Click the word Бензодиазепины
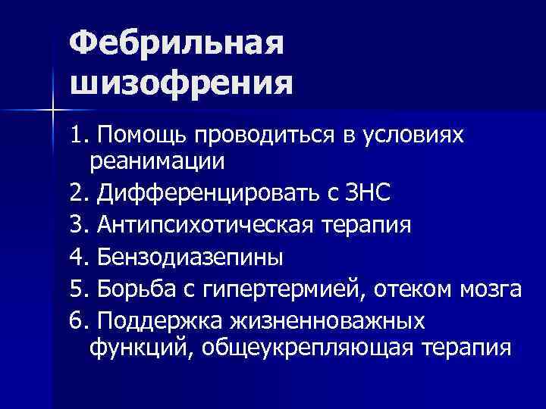[190, 258]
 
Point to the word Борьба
[136, 289]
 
